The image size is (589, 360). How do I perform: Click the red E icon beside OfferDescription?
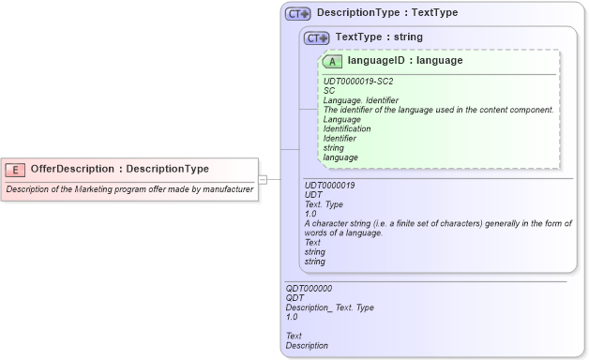(x=16, y=170)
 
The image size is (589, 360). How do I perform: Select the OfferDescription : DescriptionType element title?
(x=119, y=170)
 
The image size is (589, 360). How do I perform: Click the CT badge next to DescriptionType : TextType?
(x=298, y=14)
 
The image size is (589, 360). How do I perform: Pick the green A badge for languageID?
(x=333, y=61)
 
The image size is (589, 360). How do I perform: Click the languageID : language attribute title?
(x=404, y=61)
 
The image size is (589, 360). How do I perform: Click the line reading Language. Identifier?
(x=360, y=100)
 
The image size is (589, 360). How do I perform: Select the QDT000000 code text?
(x=309, y=289)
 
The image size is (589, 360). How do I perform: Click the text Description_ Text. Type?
(x=329, y=307)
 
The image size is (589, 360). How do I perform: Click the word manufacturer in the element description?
(x=227, y=189)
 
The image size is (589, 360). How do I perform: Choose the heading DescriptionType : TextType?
(x=386, y=14)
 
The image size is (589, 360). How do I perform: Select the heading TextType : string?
(x=379, y=37)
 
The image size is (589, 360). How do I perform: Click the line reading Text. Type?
(x=325, y=204)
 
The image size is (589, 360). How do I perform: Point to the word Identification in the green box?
(x=346, y=128)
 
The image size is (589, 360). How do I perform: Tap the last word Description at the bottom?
(x=307, y=345)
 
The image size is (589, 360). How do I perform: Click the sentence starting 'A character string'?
(x=438, y=223)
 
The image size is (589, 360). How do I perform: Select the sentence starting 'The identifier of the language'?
(x=438, y=110)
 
